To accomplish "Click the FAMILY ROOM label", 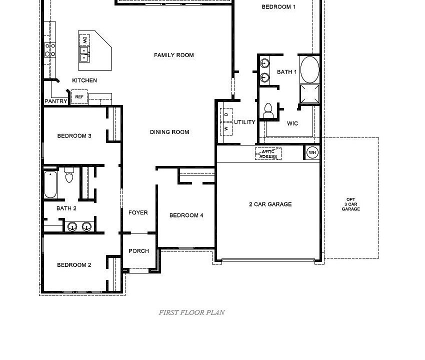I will tap(173, 55).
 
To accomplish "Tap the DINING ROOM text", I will tap(169, 132).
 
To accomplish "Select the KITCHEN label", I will tap(84, 80).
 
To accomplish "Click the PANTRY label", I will tap(56, 101).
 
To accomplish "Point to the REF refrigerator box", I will tap(79, 97).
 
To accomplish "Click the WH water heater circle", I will tap(312, 152).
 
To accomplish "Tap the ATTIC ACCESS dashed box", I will tap(268, 154).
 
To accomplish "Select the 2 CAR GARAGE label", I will tap(270, 204).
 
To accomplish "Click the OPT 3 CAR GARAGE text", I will tap(350, 204).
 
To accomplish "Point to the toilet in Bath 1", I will tap(268, 110).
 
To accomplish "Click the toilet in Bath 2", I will tap(69, 176).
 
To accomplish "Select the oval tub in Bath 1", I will tap(309, 69).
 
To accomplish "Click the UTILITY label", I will tap(244, 122).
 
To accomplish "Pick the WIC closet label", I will tap(292, 123).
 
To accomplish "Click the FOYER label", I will tap(138, 212).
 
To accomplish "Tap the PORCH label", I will tap(138, 251).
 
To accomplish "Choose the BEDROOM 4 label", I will tap(186, 215).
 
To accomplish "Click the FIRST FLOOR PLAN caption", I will tap(191, 312).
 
